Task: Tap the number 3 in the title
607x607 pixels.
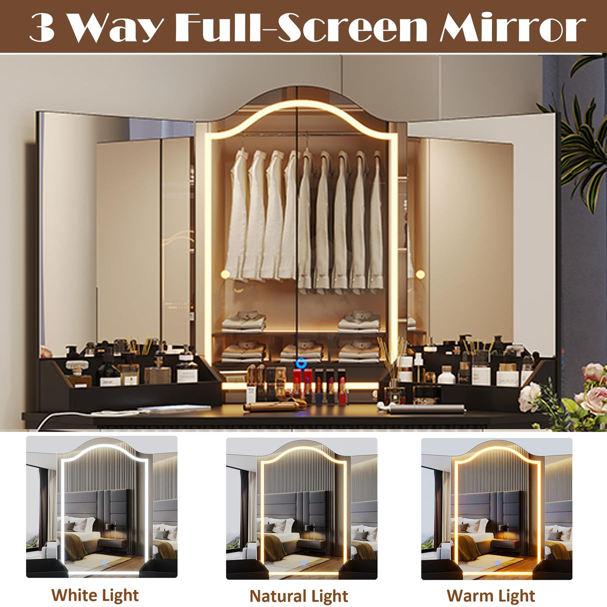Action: (x=42, y=27)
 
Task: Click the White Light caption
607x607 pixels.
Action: (x=95, y=595)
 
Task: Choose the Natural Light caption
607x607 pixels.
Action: (x=298, y=596)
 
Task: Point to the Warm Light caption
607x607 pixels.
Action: (x=490, y=595)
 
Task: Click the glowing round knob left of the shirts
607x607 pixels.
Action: (x=225, y=274)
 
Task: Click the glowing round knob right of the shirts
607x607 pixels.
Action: (x=420, y=274)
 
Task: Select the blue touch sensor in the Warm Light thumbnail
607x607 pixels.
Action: (x=497, y=564)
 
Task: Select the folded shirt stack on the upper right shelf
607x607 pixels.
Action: (x=359, y=321)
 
